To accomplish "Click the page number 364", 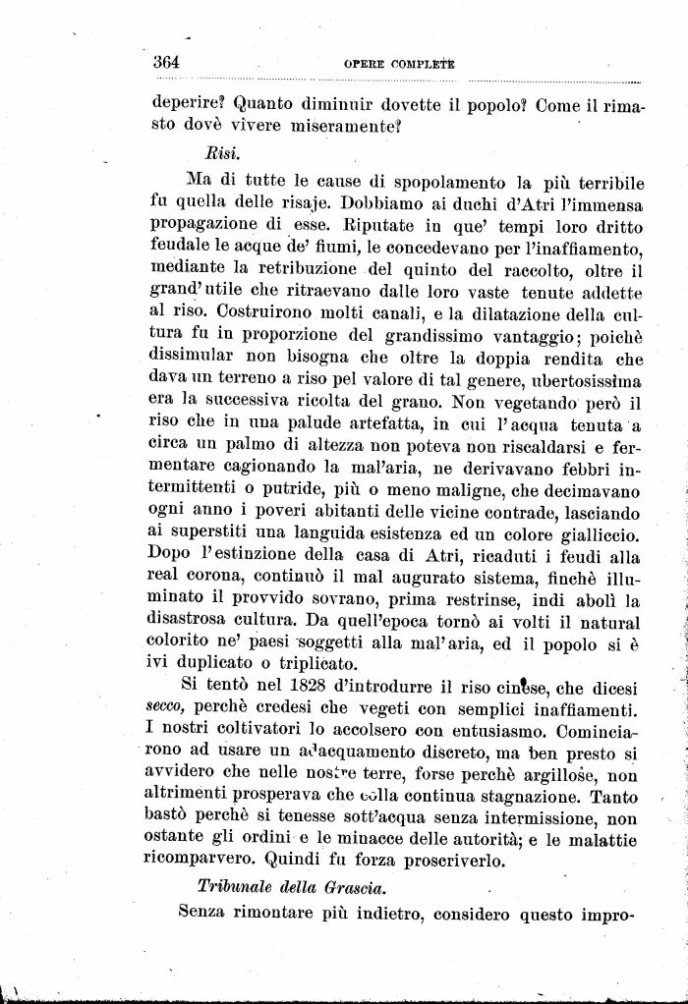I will (166, 62).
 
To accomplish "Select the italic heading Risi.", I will (223, 154).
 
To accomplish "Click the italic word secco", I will (168, 707).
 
